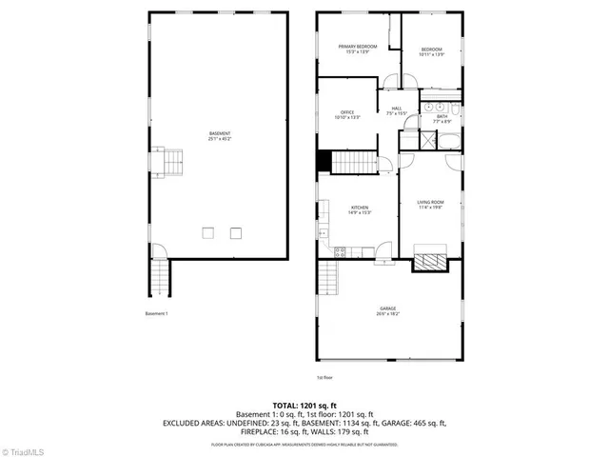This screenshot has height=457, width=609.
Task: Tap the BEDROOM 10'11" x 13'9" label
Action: (x=432, y=51)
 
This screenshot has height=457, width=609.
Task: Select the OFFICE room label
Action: (x=347, y=115)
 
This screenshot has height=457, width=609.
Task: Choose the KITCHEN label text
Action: (x=360, y=210)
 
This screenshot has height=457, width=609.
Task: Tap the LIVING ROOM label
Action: (x=430, y=206)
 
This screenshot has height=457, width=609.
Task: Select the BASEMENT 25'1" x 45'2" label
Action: (x=220, y=135)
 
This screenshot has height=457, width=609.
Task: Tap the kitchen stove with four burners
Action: (x=339, y=251)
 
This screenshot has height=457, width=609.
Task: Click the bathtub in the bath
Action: (x=448, y=143)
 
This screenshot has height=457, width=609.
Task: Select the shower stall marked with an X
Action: (x=425, y=142)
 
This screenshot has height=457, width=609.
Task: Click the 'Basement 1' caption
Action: (x=156, y=314)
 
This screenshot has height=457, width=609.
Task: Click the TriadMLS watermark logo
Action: (x=23, y=449)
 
